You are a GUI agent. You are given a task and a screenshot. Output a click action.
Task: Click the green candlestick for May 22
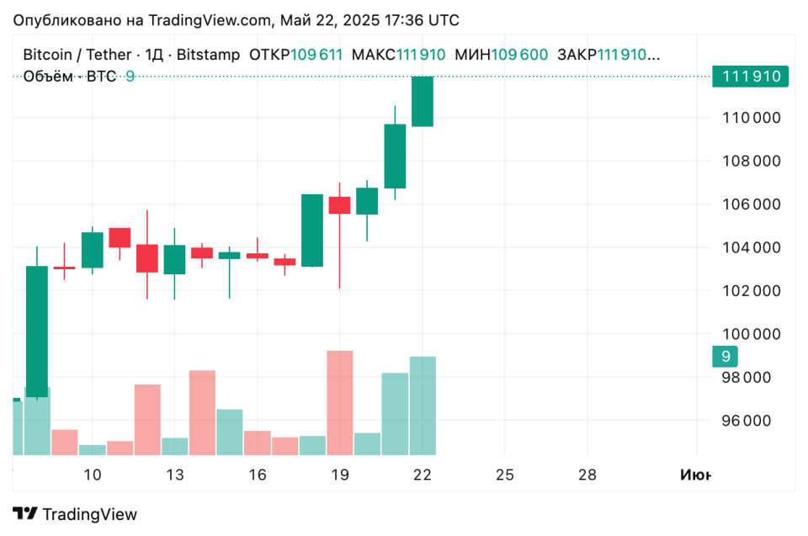pos(422,102)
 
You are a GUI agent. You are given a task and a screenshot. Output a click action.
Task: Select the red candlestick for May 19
pos(339,204)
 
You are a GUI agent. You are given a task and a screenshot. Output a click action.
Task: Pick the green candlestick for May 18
pos(312,230)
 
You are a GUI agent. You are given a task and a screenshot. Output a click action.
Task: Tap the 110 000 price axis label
pos(751,118)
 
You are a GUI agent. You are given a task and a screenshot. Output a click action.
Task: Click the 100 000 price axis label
pos(751,334)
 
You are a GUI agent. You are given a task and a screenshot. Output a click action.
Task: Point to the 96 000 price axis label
pos(751,421)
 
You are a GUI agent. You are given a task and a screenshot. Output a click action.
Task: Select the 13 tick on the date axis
pos(174,475)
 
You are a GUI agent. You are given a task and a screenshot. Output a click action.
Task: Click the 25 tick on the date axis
pos(505,475)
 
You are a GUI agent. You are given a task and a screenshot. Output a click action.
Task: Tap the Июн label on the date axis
pos(694,475)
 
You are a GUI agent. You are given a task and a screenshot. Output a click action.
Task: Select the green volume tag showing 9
pos(725,356)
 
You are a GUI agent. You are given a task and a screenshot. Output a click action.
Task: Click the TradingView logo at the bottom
pos(76,514)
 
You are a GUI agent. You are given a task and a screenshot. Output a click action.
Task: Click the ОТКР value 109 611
pos(316,55)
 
